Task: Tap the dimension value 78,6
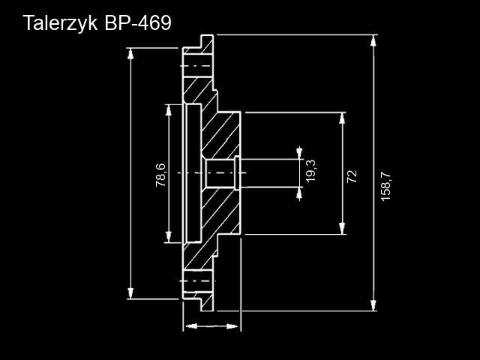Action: (160, 175)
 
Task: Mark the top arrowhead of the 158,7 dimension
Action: (373, 41)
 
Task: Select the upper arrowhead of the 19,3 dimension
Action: (300, 151)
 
